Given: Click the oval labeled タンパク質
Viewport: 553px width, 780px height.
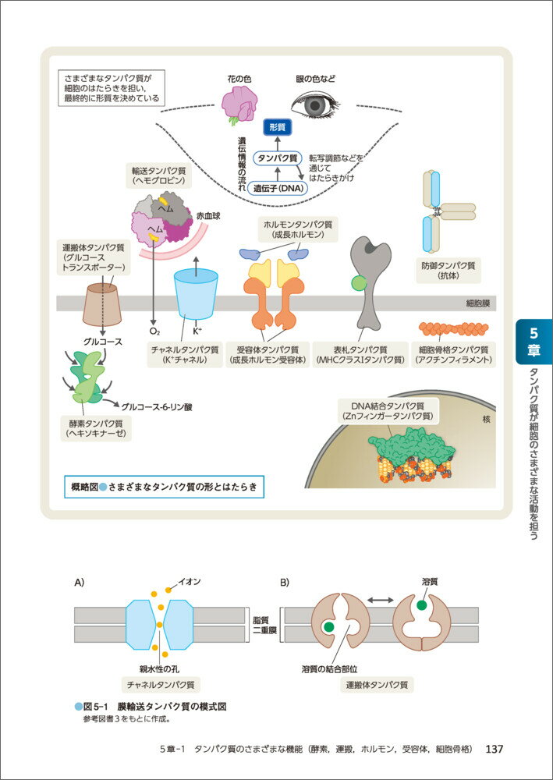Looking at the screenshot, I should click(x=279, y=158).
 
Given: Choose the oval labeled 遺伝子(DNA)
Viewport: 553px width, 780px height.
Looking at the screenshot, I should click(x=278, y=187).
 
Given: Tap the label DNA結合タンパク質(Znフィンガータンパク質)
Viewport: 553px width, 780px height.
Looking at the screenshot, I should click(x=387, y=411).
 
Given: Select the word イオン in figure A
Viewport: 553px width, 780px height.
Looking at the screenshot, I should click(x=190, y=582).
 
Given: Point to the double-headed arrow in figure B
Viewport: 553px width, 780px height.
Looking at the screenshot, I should click(x=381, y=599).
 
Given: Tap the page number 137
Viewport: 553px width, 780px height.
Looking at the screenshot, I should click(x=494, y=749).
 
